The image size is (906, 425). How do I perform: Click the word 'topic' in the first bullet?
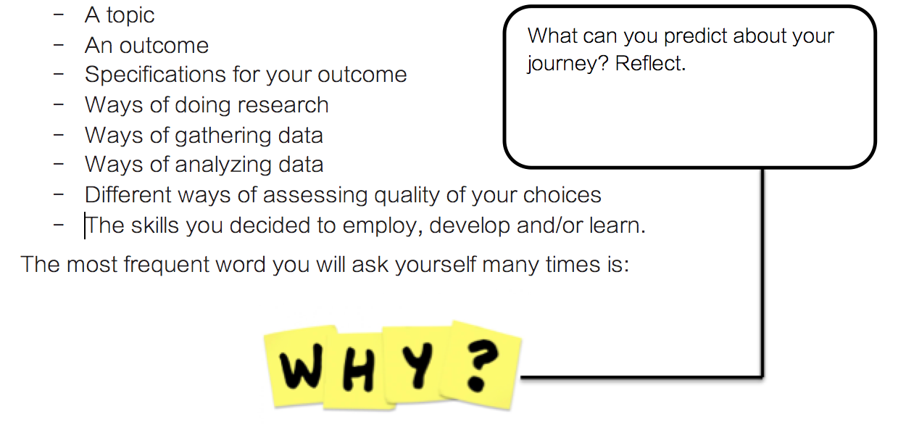pos(130,16)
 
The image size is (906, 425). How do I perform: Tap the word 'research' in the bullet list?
pos(283,105)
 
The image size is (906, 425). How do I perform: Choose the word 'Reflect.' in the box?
pos(650,63)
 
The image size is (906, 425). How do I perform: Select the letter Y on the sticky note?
pos(417,365)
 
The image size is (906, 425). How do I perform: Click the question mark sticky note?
pos(481,366)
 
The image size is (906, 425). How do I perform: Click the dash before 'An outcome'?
pos(59,45)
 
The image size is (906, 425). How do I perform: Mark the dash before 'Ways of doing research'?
pos(59,104)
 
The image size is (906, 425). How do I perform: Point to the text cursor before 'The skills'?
pos(85,226)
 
